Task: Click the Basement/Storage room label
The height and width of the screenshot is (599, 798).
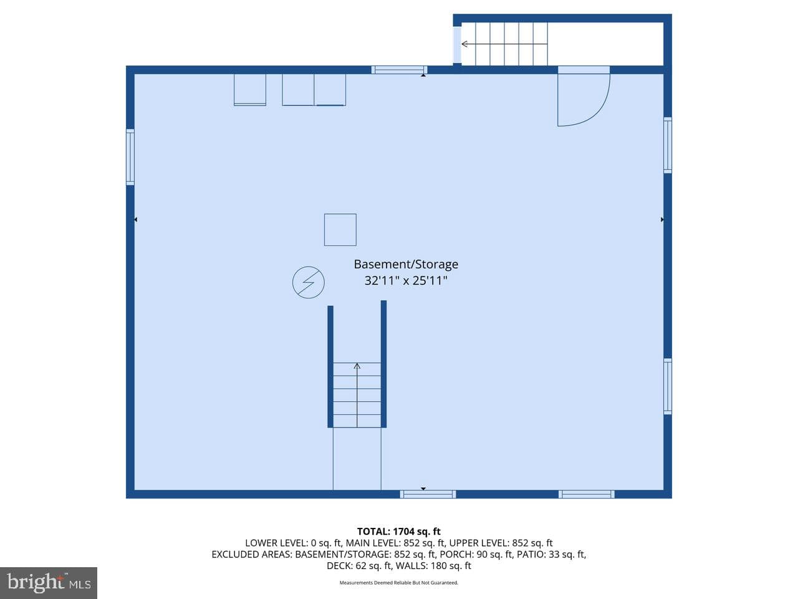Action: point(406,265)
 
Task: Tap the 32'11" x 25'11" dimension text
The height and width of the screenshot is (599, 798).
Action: point(406,281)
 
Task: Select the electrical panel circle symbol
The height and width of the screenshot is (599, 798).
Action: point(309,282)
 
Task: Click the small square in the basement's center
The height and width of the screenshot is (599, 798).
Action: point(340,230)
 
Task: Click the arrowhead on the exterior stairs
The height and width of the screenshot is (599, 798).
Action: point(464,44)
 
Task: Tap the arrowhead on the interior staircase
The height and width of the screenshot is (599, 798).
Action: point(357,366)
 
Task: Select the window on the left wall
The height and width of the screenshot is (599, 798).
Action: point(130,157)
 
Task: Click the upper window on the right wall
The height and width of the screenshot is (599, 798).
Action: point(668,145)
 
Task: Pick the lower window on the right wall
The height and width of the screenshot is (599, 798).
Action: point(668,386)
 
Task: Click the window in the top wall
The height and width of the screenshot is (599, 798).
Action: point(399,70)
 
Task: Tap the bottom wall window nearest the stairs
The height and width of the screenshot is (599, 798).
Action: point(428,494)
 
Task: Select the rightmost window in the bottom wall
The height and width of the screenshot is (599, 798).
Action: point(587,494)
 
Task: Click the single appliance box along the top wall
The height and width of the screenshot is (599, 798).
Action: point(250,90)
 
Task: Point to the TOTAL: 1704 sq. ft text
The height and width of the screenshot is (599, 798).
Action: point(399,532)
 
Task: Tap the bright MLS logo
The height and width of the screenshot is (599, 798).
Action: point(49,583)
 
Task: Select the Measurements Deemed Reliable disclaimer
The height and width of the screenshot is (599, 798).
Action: point(399,583)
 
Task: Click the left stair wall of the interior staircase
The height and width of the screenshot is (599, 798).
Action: point(330,367)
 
